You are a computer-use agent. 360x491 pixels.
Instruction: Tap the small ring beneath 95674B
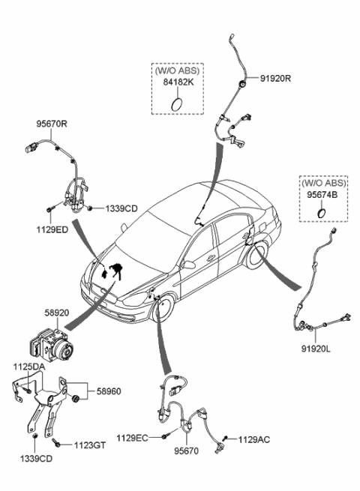pos(321,213)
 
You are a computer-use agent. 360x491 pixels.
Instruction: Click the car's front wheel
pos(163,307)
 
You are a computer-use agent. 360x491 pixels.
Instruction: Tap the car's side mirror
pos(190,264)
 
